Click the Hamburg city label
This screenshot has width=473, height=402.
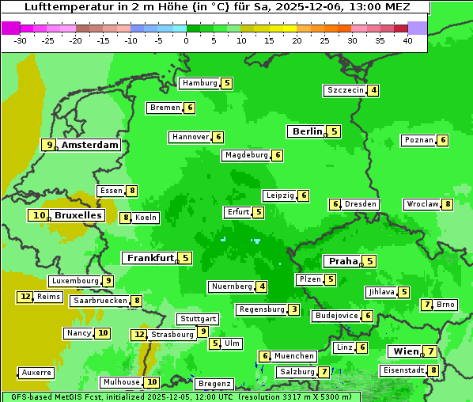tap(199, 83)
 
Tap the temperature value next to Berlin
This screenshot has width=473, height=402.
tap(334, 131)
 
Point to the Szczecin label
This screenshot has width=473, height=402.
tap(346, 90)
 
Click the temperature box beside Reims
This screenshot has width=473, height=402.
tap(25, 297)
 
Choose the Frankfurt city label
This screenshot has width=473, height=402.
tap(150, 258)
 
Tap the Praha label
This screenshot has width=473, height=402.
tap(343, 261)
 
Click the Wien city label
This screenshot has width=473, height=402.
tap(405, 351)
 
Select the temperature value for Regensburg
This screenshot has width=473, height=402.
tap(293, 309)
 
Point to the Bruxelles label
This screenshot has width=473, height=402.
tap(78, 215)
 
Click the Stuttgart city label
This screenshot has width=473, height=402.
tap(198, 319)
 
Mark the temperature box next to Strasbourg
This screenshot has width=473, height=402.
tap(139, 335)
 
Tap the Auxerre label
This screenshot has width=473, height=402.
tap(36, 372)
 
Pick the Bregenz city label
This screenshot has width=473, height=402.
tap(214, 383)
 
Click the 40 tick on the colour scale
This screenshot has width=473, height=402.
tap(407, 40)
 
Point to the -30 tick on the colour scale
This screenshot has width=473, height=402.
tap(21, 40)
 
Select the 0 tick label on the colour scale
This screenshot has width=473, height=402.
tap(186, 40)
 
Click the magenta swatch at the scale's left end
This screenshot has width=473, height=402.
tap(11, 27)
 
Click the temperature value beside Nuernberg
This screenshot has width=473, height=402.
tap(262, 286)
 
